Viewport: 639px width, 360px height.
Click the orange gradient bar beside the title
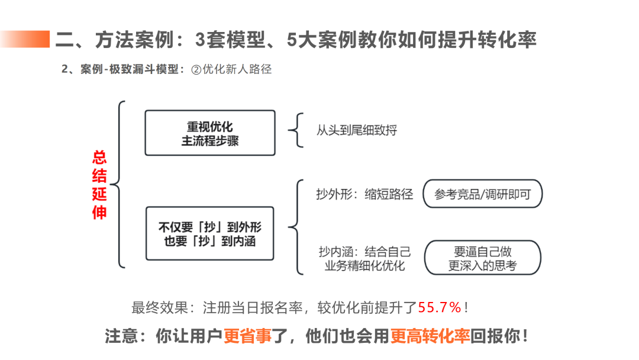(x=27, y=39)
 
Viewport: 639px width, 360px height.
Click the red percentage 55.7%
(x=440, y=307)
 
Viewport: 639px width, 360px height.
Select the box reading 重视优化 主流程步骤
(x=210, y=133)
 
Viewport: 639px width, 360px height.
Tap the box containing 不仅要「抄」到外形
(x=210, y=233)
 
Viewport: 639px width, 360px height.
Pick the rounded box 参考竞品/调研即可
(x=482, y=194)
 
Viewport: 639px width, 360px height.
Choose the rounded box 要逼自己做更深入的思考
(x=482, y=258)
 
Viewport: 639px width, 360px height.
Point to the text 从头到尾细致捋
(x=356, y=130)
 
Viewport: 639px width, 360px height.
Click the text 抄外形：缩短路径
(x=364, y=194)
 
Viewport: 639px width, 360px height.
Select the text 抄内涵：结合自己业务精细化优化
(x=364, y=258)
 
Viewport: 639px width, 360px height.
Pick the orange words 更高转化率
(x=430, y=336)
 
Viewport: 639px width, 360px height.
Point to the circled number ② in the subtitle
(x=196, y=69)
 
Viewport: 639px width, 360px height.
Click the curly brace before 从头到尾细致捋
(x=296, y=130)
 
